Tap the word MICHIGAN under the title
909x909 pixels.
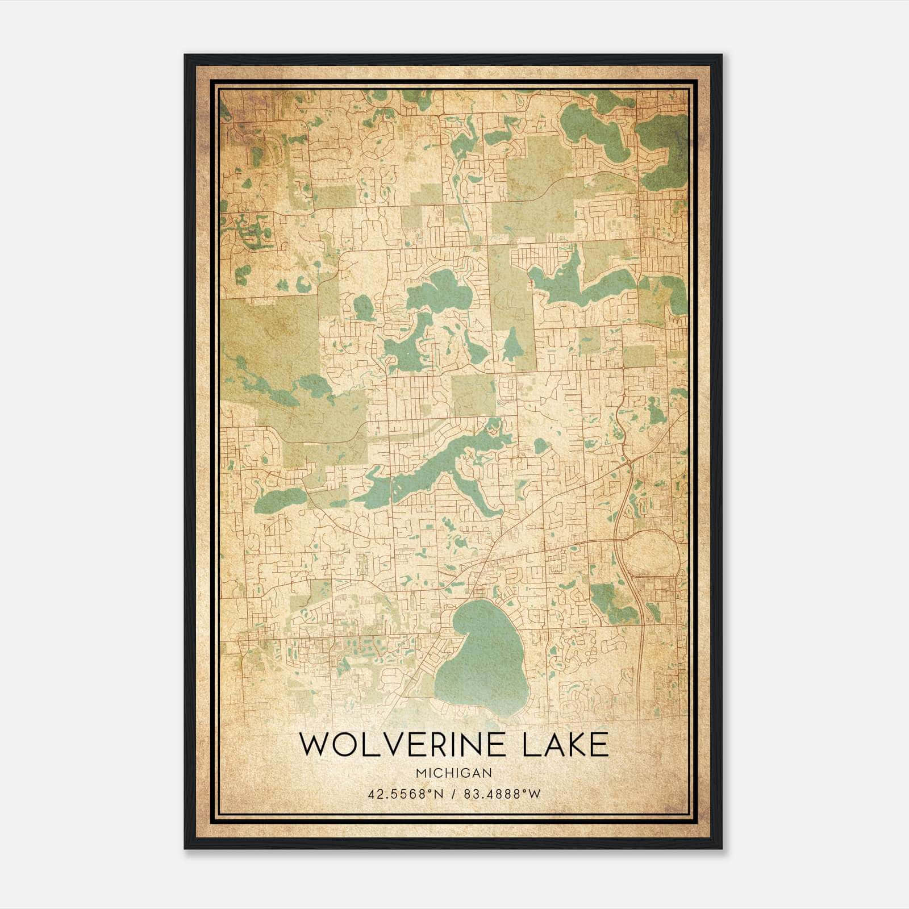pos(453,773)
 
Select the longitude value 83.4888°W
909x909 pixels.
pos(502,794)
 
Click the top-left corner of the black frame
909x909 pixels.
pos(186,56)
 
